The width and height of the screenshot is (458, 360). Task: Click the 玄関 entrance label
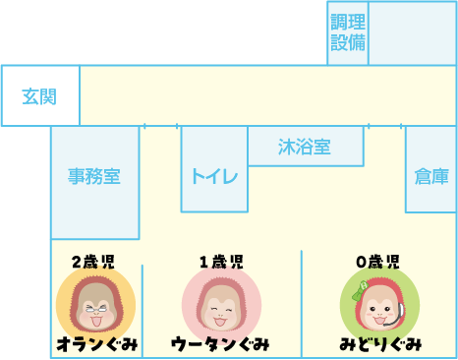[x=39, y=96]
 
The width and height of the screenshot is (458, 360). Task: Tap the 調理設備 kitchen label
[x=348, y=32]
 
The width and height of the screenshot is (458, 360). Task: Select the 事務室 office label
[x=94, y=177]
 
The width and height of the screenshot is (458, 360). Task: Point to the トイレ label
[x=214, y=177]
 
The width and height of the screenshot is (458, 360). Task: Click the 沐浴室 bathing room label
[x=304, y=148]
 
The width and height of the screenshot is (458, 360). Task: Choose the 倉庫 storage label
[x=431, y=177]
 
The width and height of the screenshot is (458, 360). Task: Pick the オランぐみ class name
[x=96, y=344]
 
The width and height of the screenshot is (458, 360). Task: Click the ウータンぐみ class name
[x=221, y=344]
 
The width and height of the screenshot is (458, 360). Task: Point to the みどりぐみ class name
[x=380, y=344]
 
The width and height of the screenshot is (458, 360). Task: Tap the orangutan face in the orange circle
[x=95, y=305]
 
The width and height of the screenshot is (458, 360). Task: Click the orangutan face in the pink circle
[x=221, y=305]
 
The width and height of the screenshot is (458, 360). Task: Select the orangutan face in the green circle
[x=378, y=305]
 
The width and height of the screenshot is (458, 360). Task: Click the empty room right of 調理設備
[x=412, y=32]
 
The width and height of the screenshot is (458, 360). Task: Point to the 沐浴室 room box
[x=304, y=148]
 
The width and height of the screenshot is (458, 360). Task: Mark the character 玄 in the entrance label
[x=30, y=96]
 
